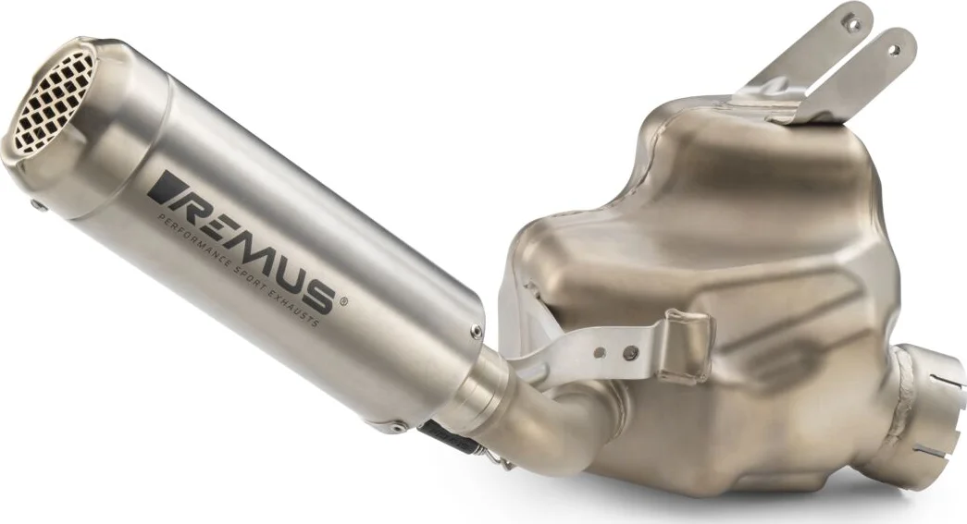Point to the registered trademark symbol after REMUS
343,301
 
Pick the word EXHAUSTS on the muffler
295,310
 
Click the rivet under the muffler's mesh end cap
40,207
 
